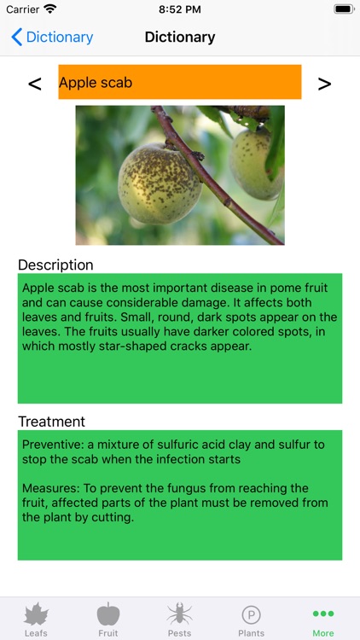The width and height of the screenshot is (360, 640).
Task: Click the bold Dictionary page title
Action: tap(180, 37)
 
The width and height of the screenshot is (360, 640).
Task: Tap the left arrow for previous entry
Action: tap(35, 84)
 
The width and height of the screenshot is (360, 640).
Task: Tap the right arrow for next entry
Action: tap(324, 84)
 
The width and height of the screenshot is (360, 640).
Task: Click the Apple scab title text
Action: tap(96, 83)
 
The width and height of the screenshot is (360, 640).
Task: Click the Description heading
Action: tap(55, 265)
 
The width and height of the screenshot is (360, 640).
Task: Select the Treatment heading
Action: tap(52, 422)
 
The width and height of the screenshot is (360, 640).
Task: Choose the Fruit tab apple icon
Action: tap(108, 614)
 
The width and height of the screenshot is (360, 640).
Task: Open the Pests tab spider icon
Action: tap(179, 614)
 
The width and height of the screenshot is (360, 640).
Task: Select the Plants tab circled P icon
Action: tap(251, 614)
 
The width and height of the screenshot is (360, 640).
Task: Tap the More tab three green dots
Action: tap(323, 614)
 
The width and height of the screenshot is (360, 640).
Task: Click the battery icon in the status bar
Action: tap(343, 9)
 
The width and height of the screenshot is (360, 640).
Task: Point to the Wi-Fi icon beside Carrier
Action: tap(50, 9)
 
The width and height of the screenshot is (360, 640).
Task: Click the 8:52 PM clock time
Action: tap(180, 9)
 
